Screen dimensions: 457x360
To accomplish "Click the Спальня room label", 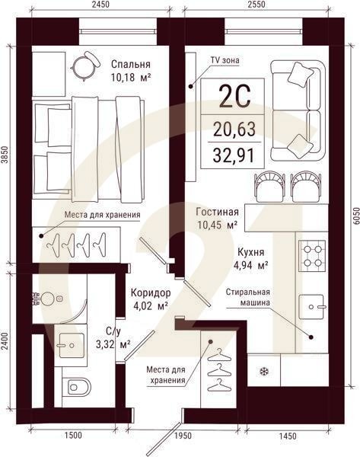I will (x=129, y=64).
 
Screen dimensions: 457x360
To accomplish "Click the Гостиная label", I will (x=218, y=213).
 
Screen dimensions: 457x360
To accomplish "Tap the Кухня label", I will (x=250, y=251).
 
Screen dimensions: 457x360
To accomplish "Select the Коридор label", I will (x=150, y=293).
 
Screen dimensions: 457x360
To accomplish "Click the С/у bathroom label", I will (x=113, y=331).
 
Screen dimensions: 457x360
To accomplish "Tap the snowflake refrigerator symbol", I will (x=264, y=372).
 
